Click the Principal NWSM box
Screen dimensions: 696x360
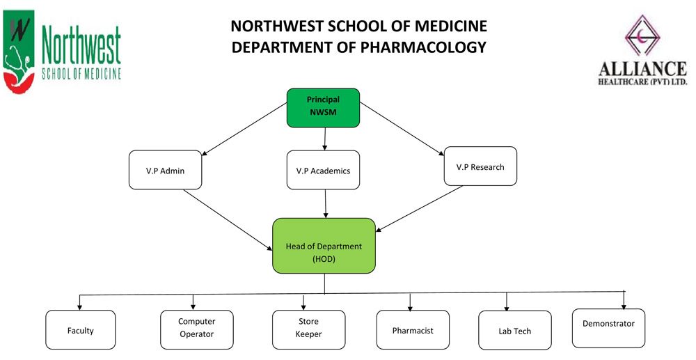323,108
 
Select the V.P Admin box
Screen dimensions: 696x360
165,170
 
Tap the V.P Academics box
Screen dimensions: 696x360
323,170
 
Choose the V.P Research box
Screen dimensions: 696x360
480,166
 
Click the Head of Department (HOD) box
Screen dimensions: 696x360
324,246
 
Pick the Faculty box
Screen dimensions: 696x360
80,330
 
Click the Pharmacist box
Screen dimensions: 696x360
413,330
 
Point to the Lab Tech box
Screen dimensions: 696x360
515,330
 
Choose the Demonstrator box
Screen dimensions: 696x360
608,329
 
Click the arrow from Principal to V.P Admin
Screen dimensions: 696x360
244,130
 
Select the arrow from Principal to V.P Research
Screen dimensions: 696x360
402,129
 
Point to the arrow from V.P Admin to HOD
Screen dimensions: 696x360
228,220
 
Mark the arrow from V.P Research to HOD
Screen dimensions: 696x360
419,209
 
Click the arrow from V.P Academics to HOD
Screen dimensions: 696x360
325,204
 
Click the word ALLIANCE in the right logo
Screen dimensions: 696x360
642,69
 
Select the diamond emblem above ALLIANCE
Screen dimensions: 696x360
642,35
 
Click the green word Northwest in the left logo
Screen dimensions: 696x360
81,45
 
